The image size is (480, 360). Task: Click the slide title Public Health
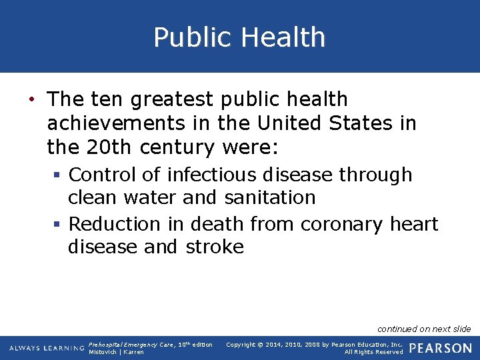point(239,37)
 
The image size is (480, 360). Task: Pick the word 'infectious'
point(212,175)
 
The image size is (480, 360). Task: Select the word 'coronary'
point(339,224)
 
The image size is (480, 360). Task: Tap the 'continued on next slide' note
point(424,329)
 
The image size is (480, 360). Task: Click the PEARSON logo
point(440,348)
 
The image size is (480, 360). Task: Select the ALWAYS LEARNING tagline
point(47,348)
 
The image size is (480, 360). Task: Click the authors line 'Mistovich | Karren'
point(116,352)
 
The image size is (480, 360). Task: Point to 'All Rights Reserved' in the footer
point(373,352)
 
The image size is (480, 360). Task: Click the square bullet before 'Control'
point(59,175)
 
